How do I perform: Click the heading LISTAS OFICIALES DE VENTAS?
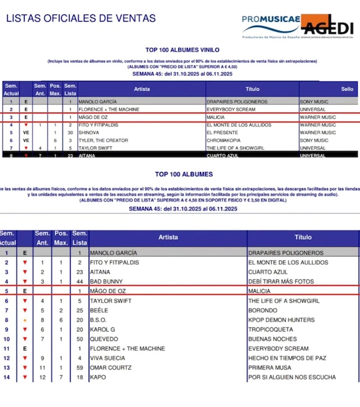pos(81,19)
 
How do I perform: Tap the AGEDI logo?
pos(328,26)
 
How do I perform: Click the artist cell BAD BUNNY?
pos(107,281)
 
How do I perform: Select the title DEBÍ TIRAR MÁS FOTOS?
pos(281,281)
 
